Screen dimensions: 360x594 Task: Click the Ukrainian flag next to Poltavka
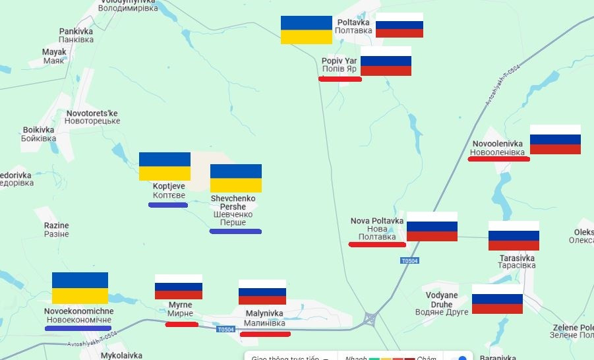click(306, 30)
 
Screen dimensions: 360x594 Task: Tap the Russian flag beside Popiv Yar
click(386, 61)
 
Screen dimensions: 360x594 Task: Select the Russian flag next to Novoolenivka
click(555, 139)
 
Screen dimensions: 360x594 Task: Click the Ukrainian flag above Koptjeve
click(164, 166)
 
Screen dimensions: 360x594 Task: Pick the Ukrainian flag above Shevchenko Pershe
click(235, 178)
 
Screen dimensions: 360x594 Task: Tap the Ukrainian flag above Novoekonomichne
click(80, 288)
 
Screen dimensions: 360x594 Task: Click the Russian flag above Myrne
click(178, 287)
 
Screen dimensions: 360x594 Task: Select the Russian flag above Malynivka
click(262, 292)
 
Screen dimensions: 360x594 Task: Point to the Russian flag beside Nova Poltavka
click(432, 226)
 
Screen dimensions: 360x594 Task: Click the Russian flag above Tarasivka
click(514, 235)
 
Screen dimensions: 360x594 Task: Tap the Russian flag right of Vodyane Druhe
click(497, 299)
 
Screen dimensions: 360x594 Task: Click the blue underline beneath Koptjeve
click(168, 205)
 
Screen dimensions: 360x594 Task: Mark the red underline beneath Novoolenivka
click(499, 158)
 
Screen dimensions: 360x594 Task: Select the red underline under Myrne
click(181, 324)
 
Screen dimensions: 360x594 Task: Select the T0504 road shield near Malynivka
click(225, 329)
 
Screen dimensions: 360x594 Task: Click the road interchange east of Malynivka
click(370, 320)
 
